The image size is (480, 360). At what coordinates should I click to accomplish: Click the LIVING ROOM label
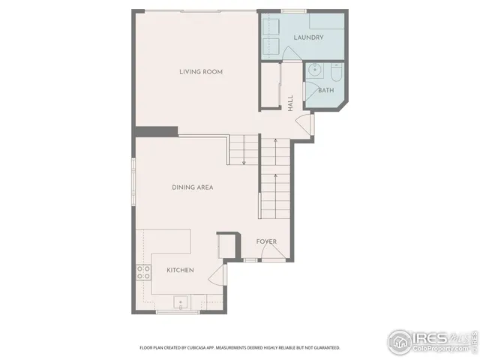(x=201, y=72)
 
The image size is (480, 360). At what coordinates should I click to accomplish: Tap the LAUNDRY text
(x=308, y=37)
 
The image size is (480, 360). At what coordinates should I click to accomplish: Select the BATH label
(x=325, y=91)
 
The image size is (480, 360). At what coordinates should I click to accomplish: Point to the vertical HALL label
(x=291, y=103)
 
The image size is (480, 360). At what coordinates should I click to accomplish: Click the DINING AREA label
(x=193, y=187)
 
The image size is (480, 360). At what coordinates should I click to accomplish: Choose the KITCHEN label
(x=180, y=270)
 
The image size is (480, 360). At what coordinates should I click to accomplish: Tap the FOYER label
(x=266, y=241)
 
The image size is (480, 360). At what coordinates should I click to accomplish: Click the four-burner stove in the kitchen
(x=142, y=273)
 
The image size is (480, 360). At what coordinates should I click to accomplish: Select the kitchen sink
(x=181, y=302)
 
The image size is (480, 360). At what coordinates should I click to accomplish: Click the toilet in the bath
(x=334, y=73)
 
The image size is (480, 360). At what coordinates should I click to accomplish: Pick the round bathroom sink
(x=315, y=73)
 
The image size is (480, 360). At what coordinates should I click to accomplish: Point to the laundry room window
(x=293, y=10)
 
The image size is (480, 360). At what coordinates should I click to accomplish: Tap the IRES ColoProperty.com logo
(x=430, y=341)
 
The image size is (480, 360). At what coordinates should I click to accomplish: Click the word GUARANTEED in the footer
(x=324, y=348)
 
